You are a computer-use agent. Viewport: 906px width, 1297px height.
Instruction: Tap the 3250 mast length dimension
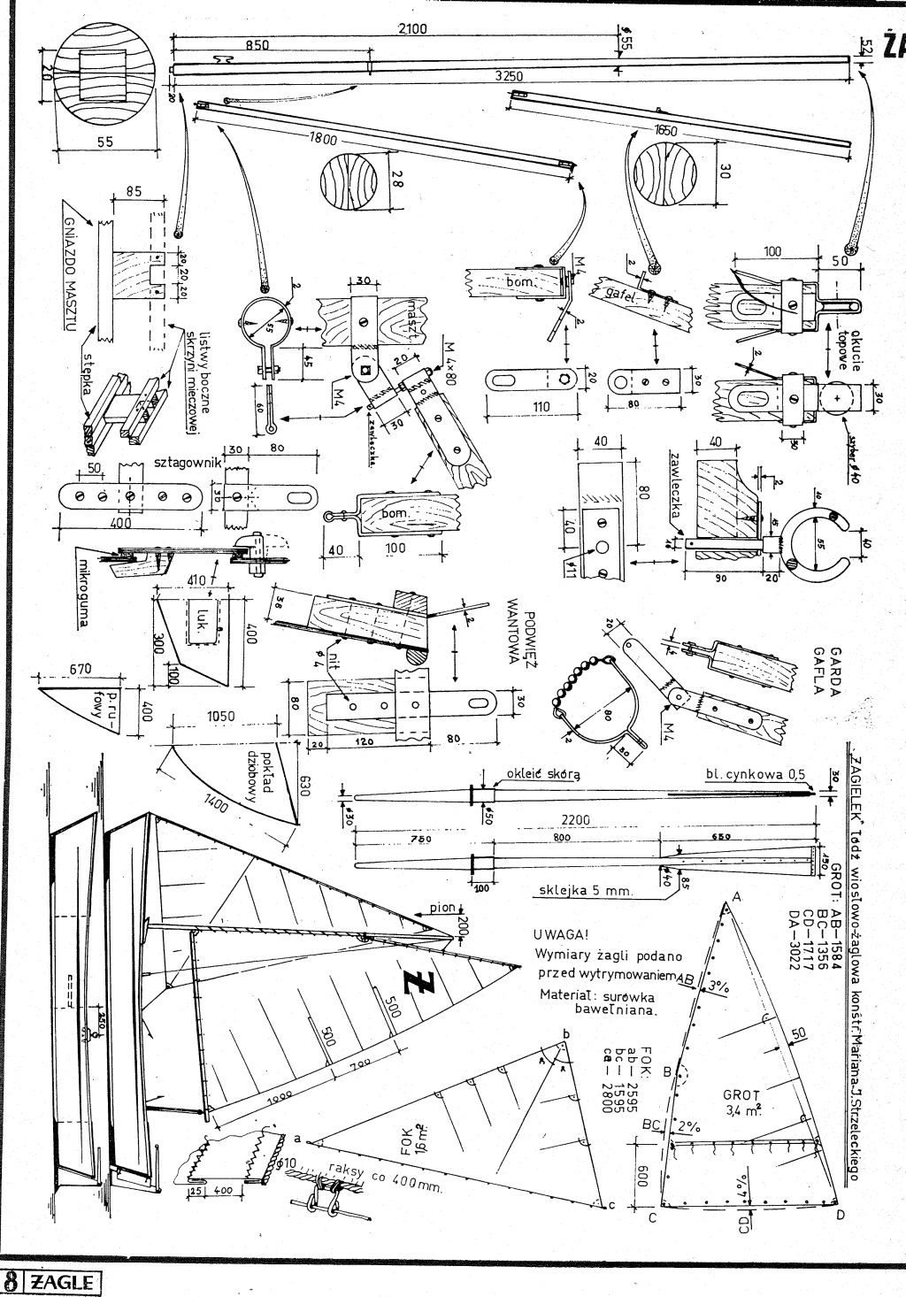pos(508,76)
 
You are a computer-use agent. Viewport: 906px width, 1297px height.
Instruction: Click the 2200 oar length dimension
pos(576,821)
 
